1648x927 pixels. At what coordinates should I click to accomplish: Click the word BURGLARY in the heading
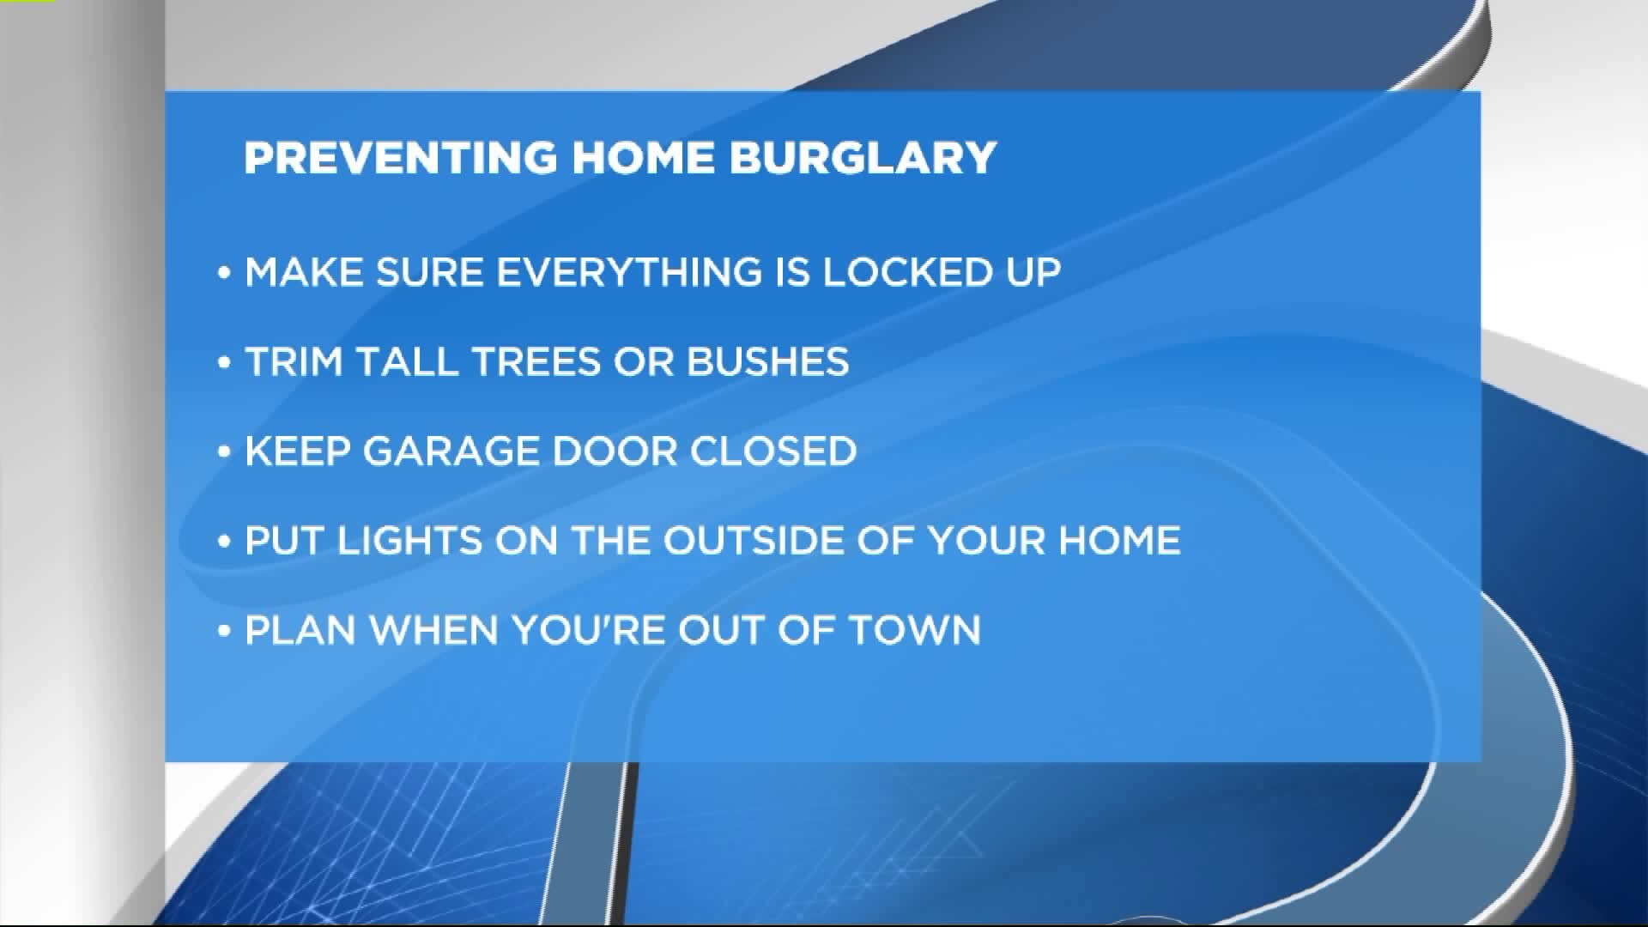(x=863, y=157)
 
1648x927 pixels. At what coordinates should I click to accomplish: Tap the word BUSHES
(x=767, y=361)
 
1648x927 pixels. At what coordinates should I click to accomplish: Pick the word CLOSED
(x=772, y=451)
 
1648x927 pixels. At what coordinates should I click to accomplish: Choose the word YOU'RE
(x=589, y=629)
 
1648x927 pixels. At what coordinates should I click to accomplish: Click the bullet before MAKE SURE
(x=225, y=273)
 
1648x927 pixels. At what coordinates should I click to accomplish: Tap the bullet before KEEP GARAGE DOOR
(x=225, y=451)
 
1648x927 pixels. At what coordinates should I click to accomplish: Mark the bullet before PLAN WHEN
(x=225, y=630)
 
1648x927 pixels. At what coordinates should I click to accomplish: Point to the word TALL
(x=409, y=361)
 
